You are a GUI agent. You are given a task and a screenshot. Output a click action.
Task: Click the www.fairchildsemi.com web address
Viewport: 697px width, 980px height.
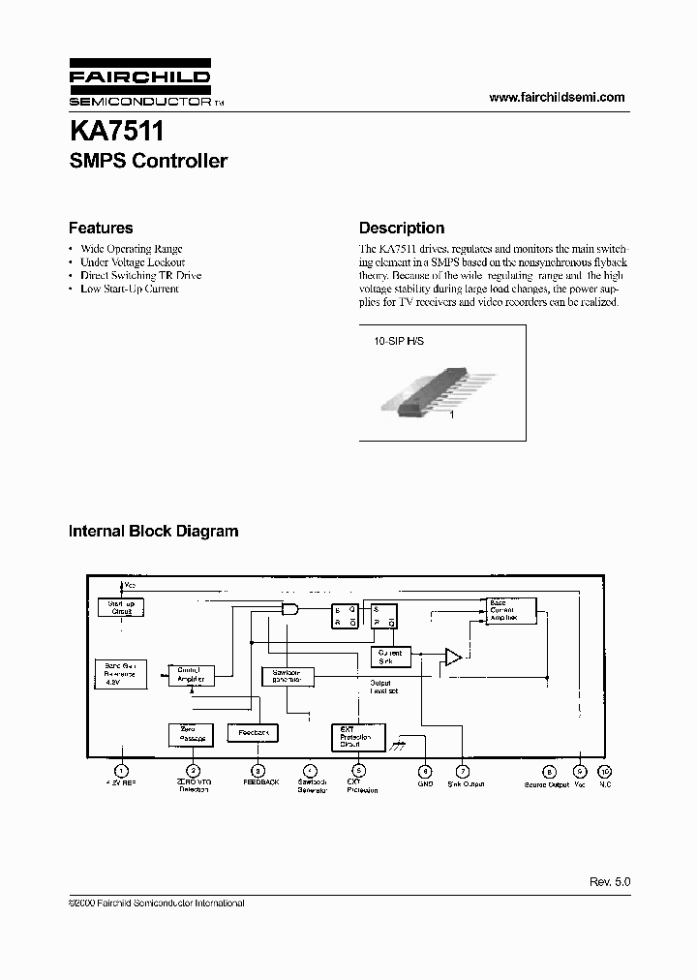[557, 97]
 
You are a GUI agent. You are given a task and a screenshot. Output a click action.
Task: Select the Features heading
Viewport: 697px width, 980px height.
[101, 229]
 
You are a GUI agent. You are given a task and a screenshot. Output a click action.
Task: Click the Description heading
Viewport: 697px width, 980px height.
[402, 229]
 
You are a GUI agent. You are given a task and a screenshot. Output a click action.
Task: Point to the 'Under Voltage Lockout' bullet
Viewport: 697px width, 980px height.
[133, 262]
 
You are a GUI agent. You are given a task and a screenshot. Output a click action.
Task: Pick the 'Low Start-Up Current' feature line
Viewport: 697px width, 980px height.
[130, 289]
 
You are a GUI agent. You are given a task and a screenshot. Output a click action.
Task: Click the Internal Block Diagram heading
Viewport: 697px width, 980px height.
[153, 532]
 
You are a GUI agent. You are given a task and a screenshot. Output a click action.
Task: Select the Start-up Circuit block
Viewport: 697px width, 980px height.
[121, 607]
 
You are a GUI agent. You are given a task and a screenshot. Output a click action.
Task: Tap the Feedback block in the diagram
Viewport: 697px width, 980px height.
[254, 733]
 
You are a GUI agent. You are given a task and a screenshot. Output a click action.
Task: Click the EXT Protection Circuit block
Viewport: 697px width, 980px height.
[357, 738]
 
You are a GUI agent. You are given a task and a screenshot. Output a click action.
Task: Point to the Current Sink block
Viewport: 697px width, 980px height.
[391, 657]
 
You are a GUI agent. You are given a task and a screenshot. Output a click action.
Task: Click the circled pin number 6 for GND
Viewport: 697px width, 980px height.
[424, 771]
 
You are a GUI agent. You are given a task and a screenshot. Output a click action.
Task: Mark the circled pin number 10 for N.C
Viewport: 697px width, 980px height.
[606, 771]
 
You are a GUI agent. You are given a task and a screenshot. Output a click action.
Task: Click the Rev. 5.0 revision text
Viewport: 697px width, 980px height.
[610, 882]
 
